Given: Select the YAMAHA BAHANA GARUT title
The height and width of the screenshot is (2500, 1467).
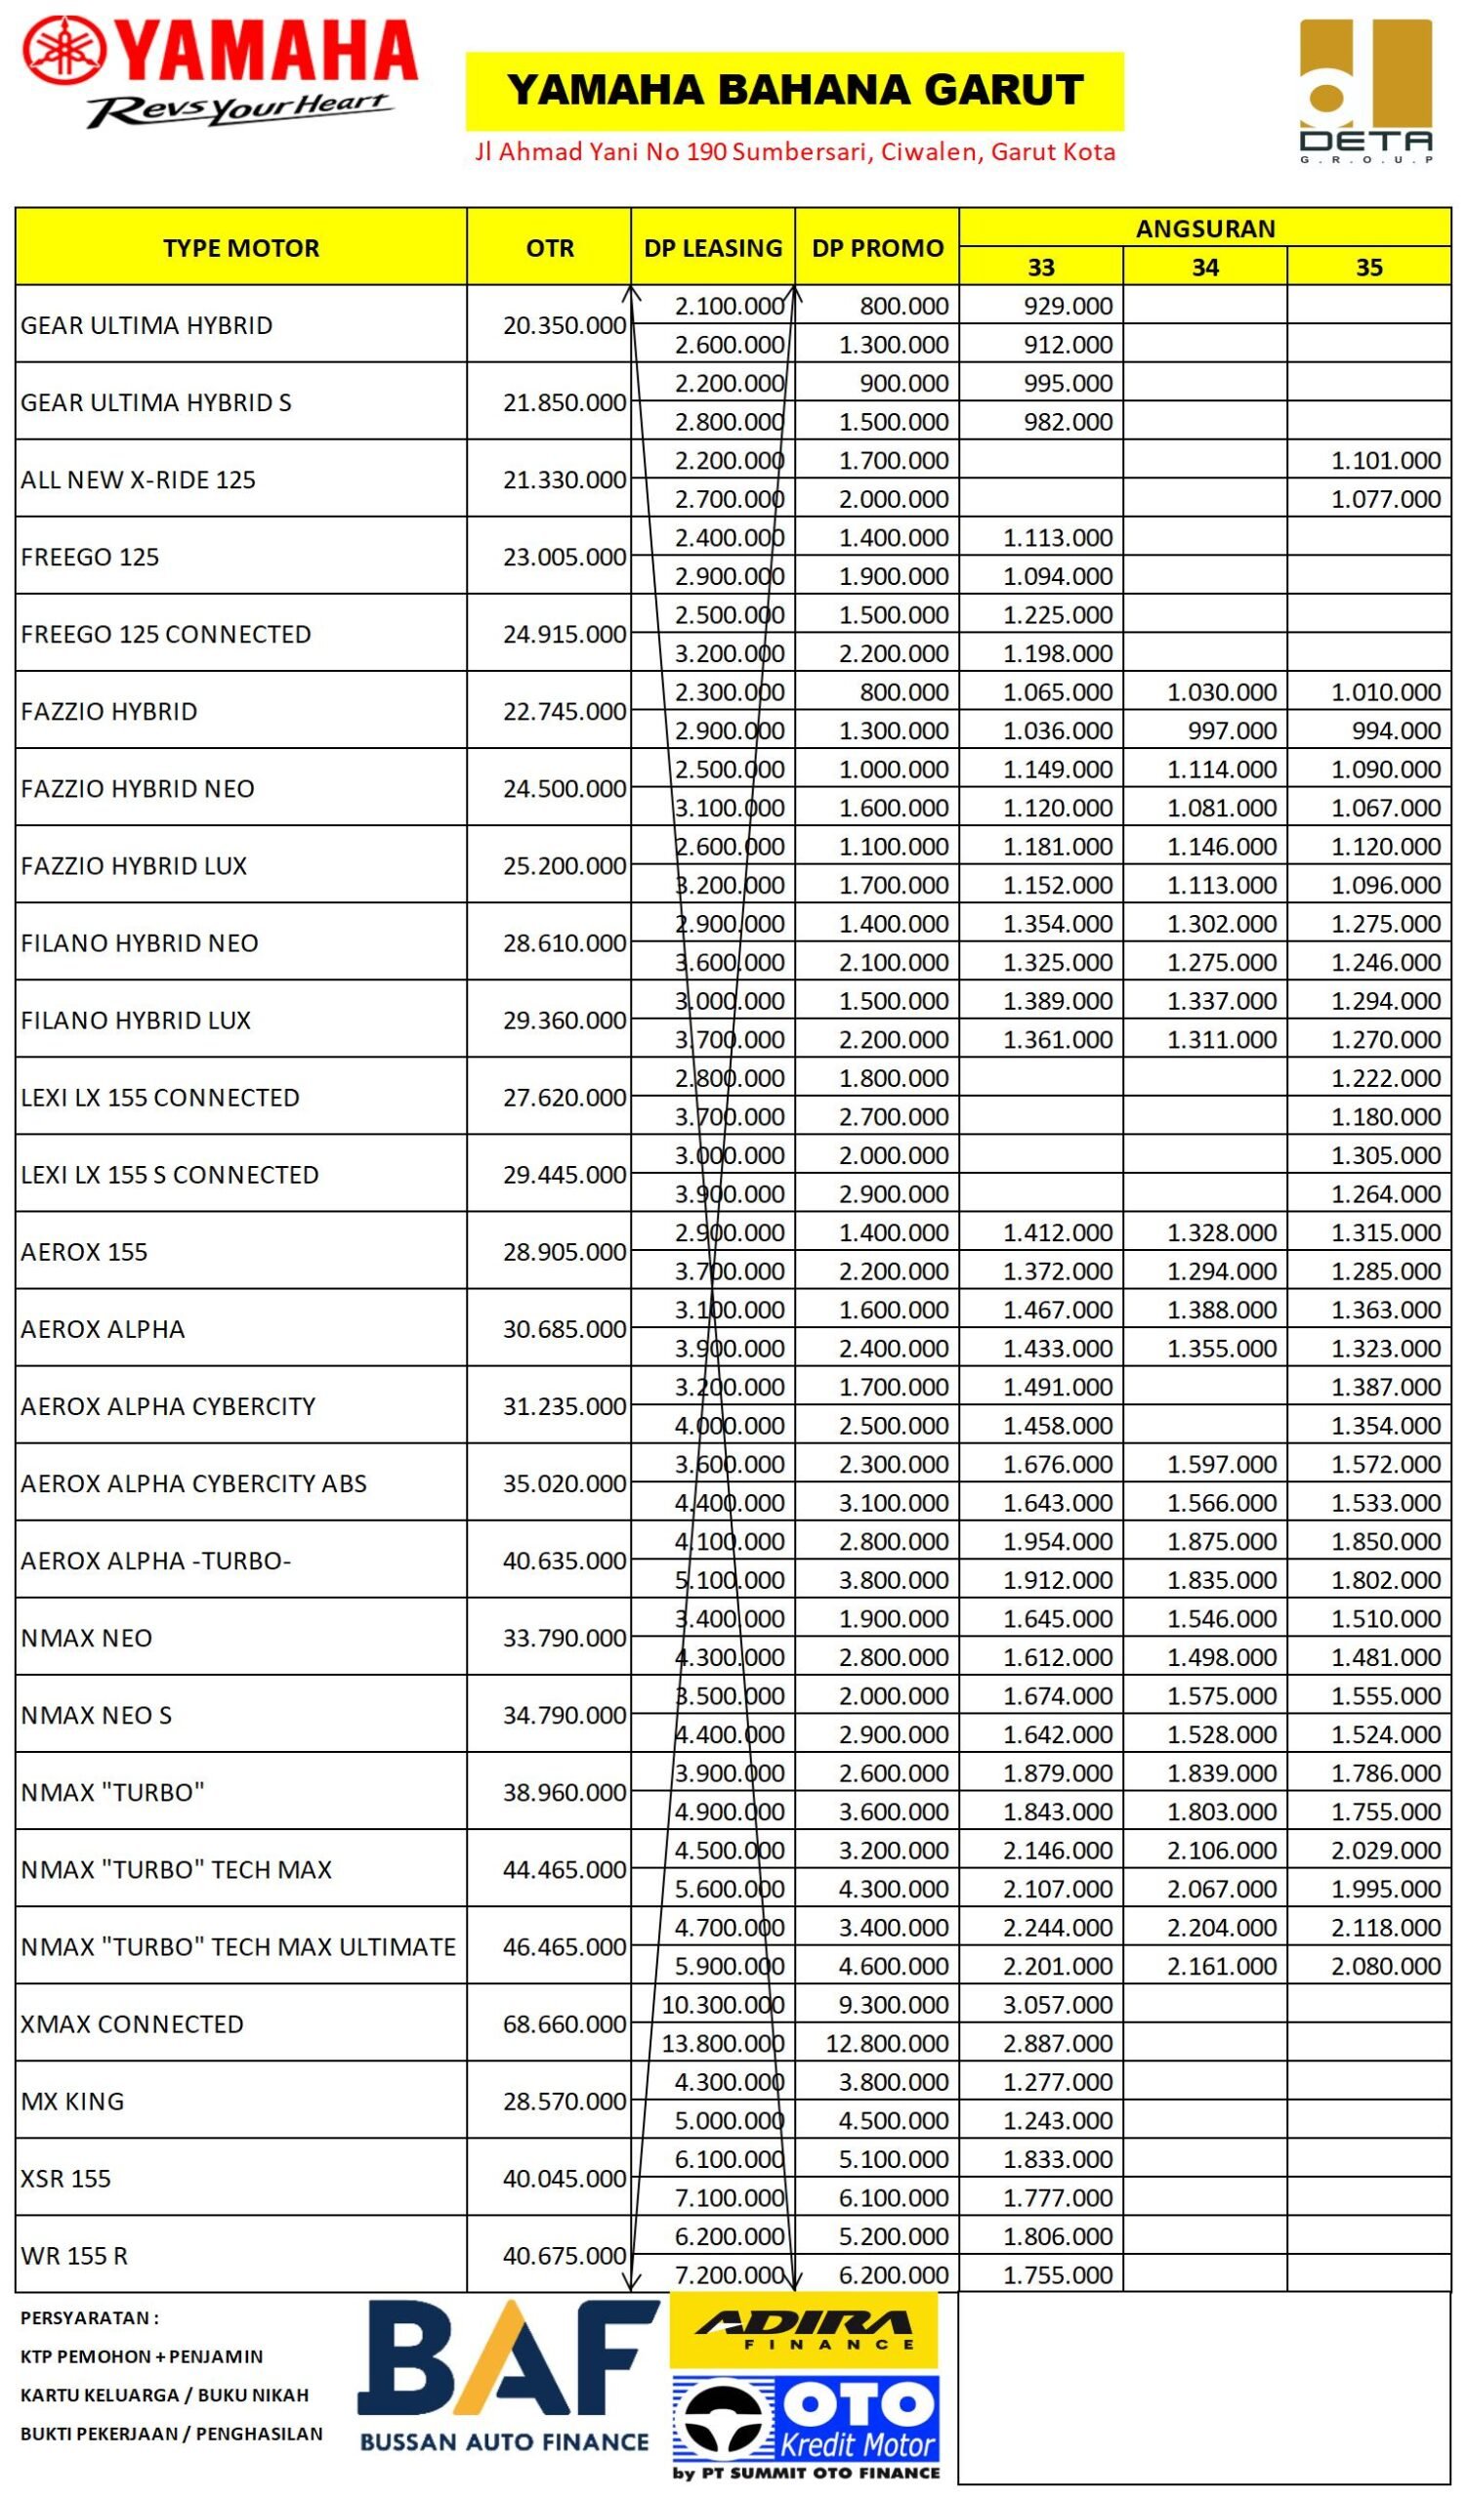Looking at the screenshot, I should (x=794, y=90).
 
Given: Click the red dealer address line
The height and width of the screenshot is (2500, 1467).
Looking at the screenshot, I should (x=794, y=151).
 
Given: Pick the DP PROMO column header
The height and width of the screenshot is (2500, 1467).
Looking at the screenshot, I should (x=877, y=248).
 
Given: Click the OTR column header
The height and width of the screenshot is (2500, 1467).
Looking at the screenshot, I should (x=550, y=248).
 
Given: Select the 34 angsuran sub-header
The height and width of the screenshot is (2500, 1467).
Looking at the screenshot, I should (x=1204, y=267).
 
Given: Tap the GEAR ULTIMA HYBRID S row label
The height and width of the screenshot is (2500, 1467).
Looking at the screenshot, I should (x=155, y=401).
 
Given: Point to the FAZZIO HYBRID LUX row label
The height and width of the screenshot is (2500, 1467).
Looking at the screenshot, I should (x=134, y=865).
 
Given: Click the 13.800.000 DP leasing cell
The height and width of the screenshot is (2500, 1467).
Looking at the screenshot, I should (x=722, y=2043).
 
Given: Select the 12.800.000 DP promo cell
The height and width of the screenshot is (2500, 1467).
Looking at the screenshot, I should (x=887, y=2043).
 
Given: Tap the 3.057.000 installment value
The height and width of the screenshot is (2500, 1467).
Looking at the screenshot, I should (x=1058, y=2004).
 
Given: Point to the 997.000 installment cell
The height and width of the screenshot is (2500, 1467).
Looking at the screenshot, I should (x=1232, y=730).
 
